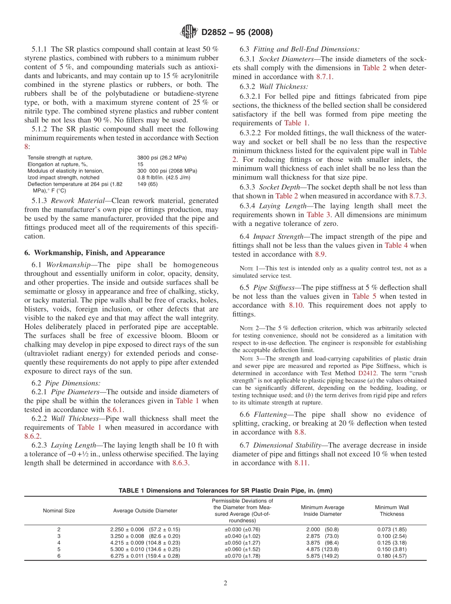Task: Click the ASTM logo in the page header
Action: [189, 32]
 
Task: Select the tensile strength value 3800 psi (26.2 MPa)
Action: [161, 158]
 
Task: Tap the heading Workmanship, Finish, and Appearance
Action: [94, 253]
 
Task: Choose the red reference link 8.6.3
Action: [180, 463]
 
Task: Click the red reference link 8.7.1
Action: [324, 76]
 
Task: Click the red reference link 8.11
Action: [301, 463]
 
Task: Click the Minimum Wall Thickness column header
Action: [392, 510]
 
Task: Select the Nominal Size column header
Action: [59, 510]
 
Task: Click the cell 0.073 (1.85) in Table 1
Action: [392, 529]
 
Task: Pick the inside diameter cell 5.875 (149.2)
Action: [322, 556]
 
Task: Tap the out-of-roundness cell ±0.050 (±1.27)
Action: [242, 543]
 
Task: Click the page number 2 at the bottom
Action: [225, 584]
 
